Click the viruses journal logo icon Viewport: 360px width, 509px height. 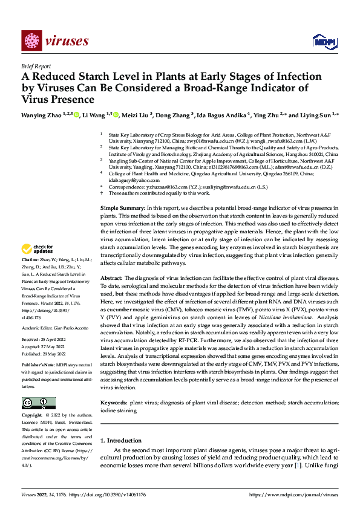[x=30, y=41]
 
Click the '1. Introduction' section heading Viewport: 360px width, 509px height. [x=121, y=441]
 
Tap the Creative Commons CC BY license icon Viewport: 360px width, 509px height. [x=38, y=403]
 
